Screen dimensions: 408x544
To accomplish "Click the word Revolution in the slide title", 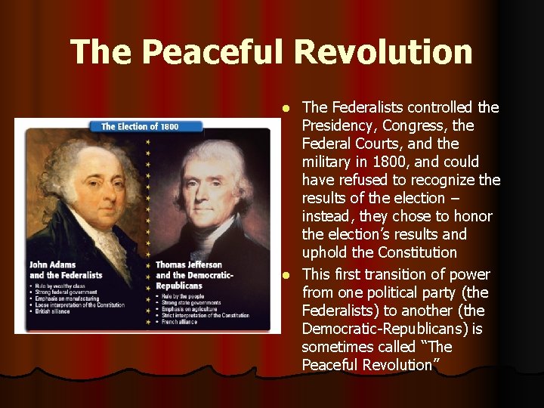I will click(383, 52).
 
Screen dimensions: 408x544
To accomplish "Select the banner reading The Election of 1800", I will click(141, 126).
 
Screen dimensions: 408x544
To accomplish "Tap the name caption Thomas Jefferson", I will click(189, 265).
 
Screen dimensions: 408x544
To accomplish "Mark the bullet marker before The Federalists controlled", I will click(286, 108).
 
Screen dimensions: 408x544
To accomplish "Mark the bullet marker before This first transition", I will click(286, 275).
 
